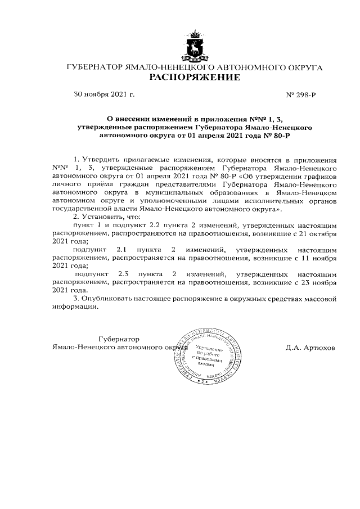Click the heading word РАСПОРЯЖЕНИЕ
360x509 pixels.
pyautogui.click(x=194, y=78)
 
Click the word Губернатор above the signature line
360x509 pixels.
pyautogui.click(x=119, y=339)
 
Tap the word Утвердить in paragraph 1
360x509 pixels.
pyautogui.click(x=104, y=160)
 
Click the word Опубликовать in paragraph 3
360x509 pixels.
pyautogui.click(x=108, y=298)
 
